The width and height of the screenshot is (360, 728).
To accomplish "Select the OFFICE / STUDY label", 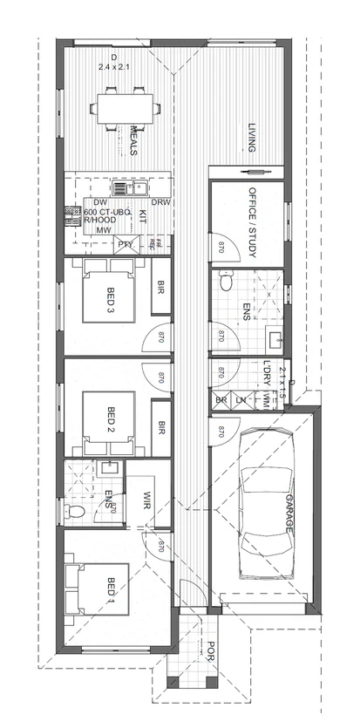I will click(x=252, y=212).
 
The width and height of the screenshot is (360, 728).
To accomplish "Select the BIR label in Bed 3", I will click(x=161, y=292).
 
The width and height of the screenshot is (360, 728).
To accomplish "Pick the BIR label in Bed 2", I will click(x=161, y=427).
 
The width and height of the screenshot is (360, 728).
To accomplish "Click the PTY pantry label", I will click(x=125, y=244).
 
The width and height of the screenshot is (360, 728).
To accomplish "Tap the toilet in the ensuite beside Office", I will click(x=226, y=282).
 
